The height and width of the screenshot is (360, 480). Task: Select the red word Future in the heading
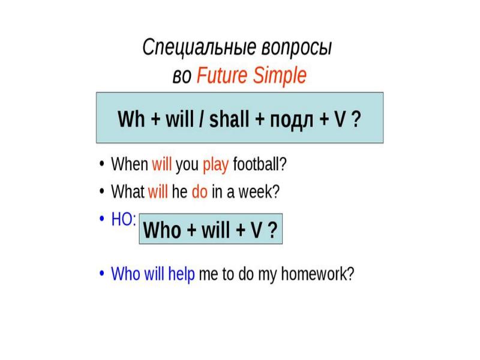[225, 76]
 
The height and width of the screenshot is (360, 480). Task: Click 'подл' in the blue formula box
[284, 118]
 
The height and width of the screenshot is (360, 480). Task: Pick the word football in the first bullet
[259, 164]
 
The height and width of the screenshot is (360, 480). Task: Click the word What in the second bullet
[128, 192]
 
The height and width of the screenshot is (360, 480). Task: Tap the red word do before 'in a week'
[199, 192]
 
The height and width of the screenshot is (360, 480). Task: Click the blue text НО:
[124, 220]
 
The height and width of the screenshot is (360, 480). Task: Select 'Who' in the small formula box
[163, 230]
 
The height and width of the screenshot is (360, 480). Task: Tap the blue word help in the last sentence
[181, 275]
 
